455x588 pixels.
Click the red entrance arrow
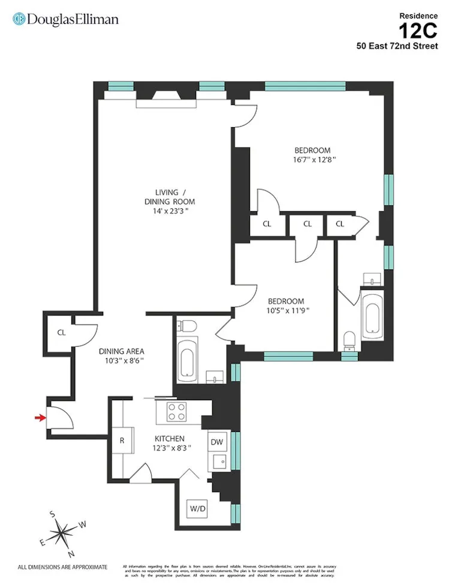[40, 417]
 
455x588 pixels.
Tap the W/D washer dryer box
[198, 509]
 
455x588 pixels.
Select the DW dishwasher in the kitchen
[217, 442]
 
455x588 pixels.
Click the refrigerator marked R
[122, 440]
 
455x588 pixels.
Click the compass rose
[61, 532]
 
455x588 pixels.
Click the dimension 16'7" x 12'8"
[312, 160]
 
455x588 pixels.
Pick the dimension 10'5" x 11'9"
[286, 311]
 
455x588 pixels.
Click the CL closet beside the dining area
[61, 332]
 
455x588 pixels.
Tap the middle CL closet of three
[307, 224]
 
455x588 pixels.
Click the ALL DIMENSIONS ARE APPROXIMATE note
[62, 566]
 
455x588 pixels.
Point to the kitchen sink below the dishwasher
[220, 463]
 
